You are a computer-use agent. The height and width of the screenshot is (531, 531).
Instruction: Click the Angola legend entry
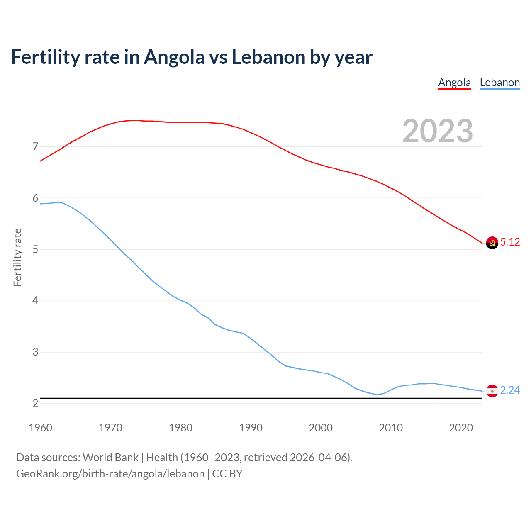click(454, 83)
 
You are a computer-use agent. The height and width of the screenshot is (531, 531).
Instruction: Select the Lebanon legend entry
click(499, 83)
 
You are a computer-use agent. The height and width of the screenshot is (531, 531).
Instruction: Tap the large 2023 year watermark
click(437, 131)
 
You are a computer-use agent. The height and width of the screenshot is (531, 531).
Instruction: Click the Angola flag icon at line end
click(492, 243)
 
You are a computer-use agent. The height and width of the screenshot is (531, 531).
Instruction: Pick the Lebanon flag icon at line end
click(492, 391)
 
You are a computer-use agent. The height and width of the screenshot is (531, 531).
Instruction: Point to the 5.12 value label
click(510, 242)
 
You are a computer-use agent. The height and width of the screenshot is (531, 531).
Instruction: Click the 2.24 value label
click(510, 390)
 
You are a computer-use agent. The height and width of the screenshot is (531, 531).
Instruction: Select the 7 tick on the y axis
click(35, 147)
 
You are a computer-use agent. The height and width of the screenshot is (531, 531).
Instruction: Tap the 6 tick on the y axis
click(35, 198)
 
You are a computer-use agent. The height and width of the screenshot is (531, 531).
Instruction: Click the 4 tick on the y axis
click(35, 301)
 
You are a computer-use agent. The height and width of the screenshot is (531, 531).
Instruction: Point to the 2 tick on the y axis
click(35, 403)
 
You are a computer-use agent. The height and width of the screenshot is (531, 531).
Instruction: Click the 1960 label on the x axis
click(40, 428)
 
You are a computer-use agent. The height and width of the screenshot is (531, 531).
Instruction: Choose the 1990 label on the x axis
click(251, 428)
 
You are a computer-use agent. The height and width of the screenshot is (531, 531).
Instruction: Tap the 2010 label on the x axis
click(391, 428)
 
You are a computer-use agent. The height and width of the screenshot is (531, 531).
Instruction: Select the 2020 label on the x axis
click(461, 428)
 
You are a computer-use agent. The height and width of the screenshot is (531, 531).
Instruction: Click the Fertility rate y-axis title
click(17, 257)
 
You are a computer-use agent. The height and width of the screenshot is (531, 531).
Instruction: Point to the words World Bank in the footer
click(110, 458)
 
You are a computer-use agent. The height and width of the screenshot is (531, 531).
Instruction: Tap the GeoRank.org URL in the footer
click(110, 474)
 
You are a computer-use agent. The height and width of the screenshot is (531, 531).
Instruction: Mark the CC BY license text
click(227, 474)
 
